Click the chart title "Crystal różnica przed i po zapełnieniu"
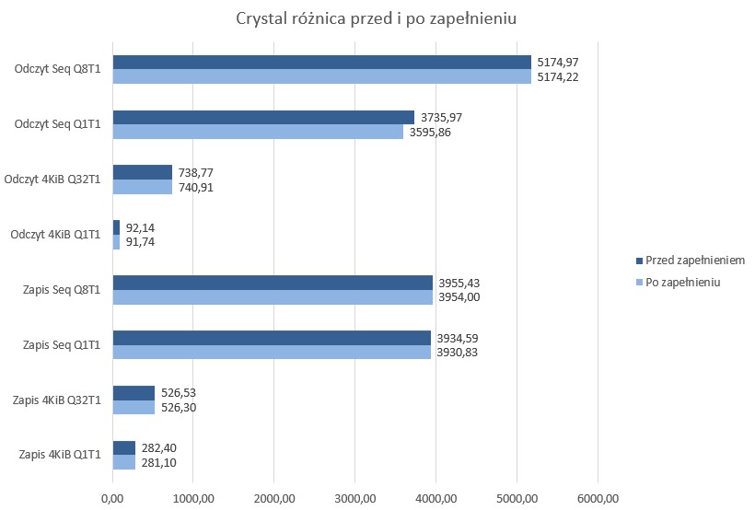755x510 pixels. pyautogui.click(x=377, y=19)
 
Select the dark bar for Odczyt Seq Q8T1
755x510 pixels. pyautogui.click(x=321, y=62)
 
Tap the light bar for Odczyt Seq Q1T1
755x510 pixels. pyautogui.click(x=258, y=132)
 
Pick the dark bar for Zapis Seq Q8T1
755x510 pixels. pyautogui.click(x=273, y=283)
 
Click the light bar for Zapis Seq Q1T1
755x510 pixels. pyautogui.click(x=272, y=353)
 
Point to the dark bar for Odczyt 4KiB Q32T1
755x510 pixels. pyautogui.click(x=142, y=172)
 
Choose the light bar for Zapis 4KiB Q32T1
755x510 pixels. pyautogui.click(x=134, y=408)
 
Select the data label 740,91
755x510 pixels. pyautogui.click(x=195, y=187)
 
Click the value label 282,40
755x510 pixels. pyautogui.click(x=158, y=448)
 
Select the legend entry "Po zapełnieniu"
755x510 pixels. pyautogui.click(x=682, y=283)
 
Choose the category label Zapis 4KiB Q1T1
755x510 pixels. pyautogui.click(x=60, y=456)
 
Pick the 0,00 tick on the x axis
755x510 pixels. pyautogui.click(x=112, y=498)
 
